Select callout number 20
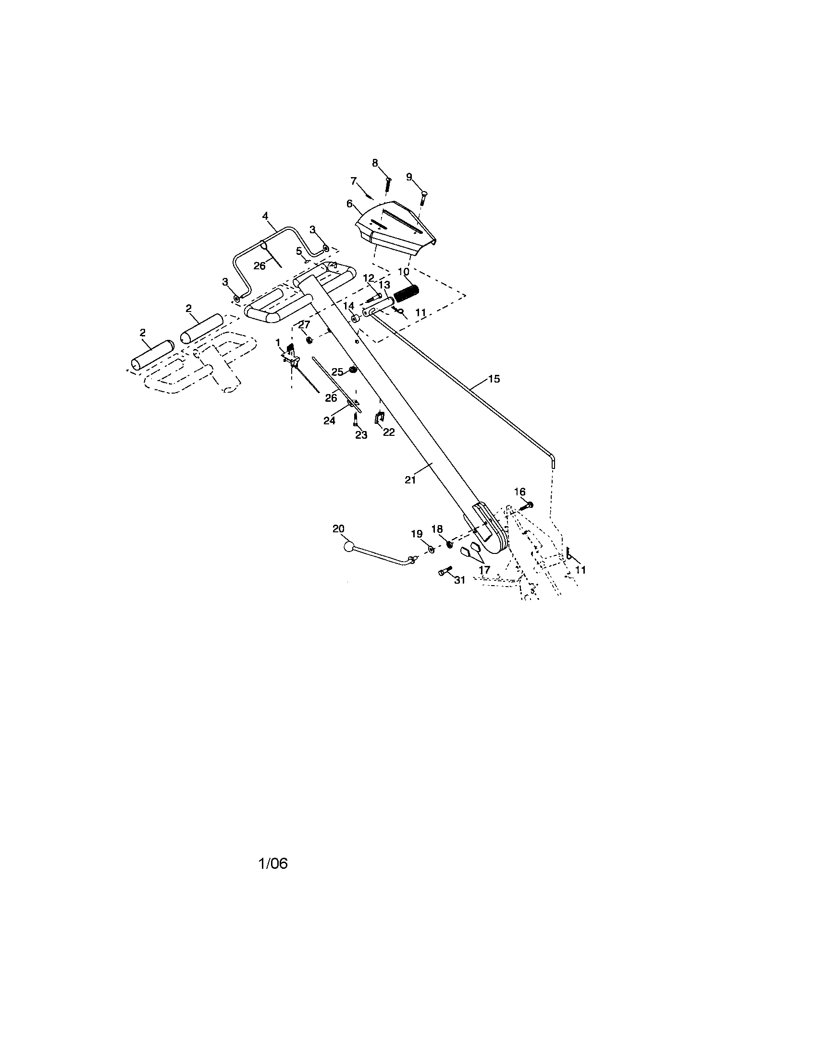(338, 528)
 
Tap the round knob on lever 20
(348, 547)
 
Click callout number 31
(459, 580)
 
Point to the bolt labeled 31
(445, 571)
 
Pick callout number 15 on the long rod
(494, 379)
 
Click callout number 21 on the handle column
(410, 480)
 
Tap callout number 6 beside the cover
(349, 204)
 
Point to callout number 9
(409, 177)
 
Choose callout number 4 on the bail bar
(265, 216)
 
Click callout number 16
(520, 491)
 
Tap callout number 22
(389, 432)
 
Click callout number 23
(361, 435)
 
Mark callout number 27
(304, 324)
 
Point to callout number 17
(484, 570)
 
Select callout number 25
(337, 372)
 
